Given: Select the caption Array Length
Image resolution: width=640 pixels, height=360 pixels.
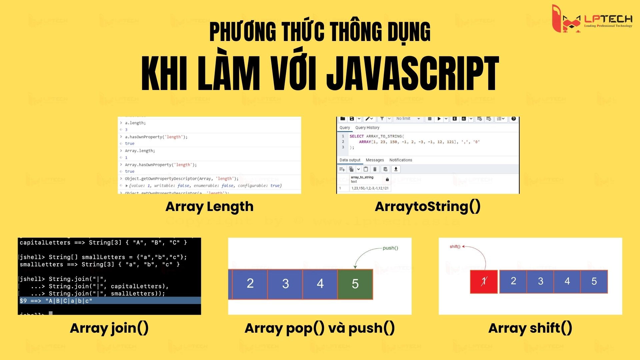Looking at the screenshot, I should tap(209, 207).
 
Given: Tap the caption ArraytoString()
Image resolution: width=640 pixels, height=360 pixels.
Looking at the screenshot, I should tap(428, 207).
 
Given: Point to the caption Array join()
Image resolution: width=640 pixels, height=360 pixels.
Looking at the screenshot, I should tap(109, 328).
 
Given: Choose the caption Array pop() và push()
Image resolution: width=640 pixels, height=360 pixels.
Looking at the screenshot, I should tap(320, 328).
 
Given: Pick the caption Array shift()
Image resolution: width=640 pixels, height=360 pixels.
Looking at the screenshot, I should tap(530, 328).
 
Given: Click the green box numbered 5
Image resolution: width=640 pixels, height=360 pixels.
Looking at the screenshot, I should tap(355, 284).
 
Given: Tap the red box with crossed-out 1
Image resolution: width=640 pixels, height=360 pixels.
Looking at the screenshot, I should tap(484, 282).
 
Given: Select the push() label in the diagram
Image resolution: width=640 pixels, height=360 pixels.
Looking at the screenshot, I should tap(390, 248).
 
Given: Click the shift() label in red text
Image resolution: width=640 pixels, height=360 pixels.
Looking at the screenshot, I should tap(455, 247).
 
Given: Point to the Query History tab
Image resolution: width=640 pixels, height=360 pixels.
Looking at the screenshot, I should tap(367, 128).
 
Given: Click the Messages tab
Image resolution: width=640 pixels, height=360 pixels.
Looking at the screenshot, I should tap(375, 160).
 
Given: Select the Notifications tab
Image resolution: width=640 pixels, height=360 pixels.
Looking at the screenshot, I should tap(401, 160).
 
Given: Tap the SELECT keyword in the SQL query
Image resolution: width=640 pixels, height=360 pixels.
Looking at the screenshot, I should tap(356, 136).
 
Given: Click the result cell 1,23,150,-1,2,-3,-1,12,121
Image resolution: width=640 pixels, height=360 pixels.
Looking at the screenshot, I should tap(370, 188).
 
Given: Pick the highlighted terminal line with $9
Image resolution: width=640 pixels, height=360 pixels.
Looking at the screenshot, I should tap(109, 301).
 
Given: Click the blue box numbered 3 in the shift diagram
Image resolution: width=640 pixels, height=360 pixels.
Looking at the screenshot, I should tap(540, 281).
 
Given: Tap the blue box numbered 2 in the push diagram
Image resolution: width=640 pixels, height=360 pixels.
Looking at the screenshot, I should tap(250, 284).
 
